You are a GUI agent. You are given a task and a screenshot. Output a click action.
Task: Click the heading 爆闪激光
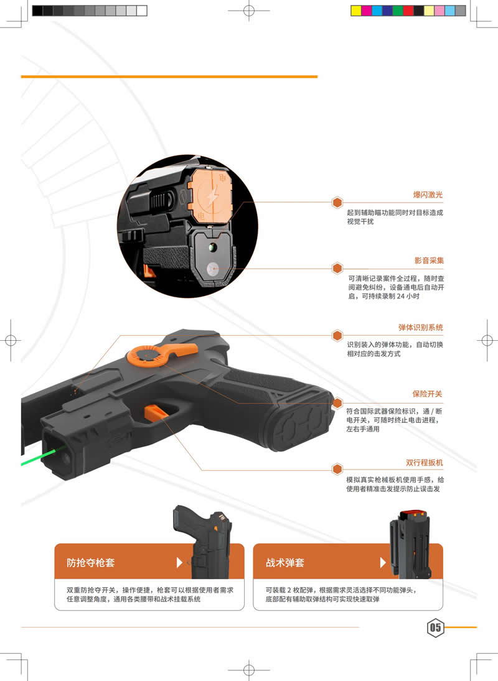(428, 195)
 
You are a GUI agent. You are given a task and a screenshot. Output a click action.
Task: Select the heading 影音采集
(429, 260)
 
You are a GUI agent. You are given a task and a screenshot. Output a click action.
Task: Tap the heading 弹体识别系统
(421, 327)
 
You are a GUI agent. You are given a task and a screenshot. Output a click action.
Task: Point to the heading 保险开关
(427, 394)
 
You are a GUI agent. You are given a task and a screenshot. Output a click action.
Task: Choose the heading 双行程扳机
(424, 462)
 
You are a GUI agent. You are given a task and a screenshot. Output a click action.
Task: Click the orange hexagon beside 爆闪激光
(337, 202)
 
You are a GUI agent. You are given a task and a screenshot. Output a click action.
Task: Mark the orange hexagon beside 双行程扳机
(337, 469)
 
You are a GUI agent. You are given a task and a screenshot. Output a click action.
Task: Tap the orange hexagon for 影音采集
(337, 269)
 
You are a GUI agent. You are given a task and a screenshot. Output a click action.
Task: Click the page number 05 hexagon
(435, 628)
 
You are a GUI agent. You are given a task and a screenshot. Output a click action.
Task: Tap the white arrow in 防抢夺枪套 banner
(179, 562)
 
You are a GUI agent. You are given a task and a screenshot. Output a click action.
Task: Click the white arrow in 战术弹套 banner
(383, 562)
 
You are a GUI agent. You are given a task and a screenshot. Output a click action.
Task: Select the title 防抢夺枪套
(90, 562)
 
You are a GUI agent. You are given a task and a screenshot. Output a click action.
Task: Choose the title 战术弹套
(285, 562)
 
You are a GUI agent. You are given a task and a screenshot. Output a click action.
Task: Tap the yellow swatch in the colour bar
(356, 11)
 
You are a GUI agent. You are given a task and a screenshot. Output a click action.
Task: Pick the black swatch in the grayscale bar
(37, 11)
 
